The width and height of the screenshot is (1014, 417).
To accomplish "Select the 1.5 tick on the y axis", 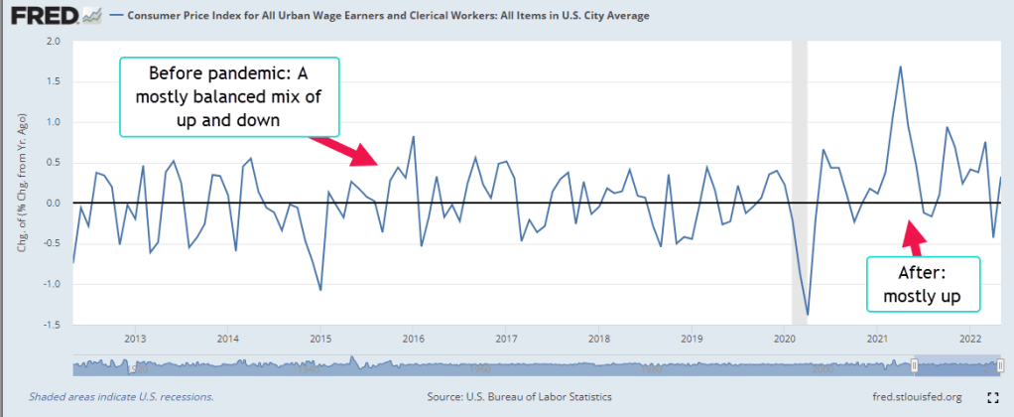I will pos(52,81).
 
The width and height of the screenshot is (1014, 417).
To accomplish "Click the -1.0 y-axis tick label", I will pos(50,284).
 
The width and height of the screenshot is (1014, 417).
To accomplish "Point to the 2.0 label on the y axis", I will pos(52,42).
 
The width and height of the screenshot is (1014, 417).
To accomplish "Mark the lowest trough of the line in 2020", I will pos(808,314).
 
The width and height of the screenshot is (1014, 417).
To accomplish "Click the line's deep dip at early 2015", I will pos(320,290).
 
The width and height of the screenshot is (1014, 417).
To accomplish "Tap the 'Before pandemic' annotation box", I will pos(229,95).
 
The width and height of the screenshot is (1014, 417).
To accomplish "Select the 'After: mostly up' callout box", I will pos(924,284).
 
